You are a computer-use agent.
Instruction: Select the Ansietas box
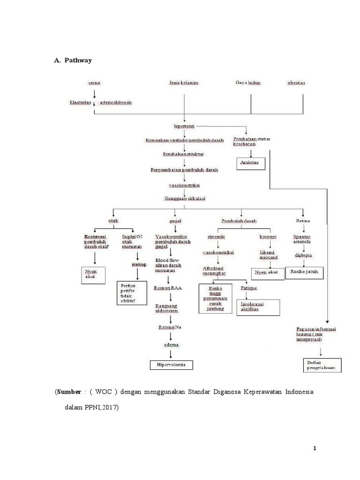[x=249, y=163]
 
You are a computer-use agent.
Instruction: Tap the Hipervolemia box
[x=171, y=364]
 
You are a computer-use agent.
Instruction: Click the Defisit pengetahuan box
[x=322, y=365]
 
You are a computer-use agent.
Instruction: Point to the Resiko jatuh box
[x=305, y=272]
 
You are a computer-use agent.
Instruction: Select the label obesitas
[x=296, y=83]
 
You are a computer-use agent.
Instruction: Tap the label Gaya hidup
[x=248, y=83]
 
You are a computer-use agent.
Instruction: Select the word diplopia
[x=304, y=255]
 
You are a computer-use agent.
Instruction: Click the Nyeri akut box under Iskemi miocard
[x=267, y=272]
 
